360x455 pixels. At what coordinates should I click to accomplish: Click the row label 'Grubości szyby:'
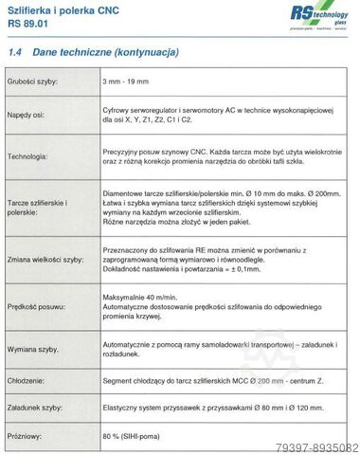pos(34,85)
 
